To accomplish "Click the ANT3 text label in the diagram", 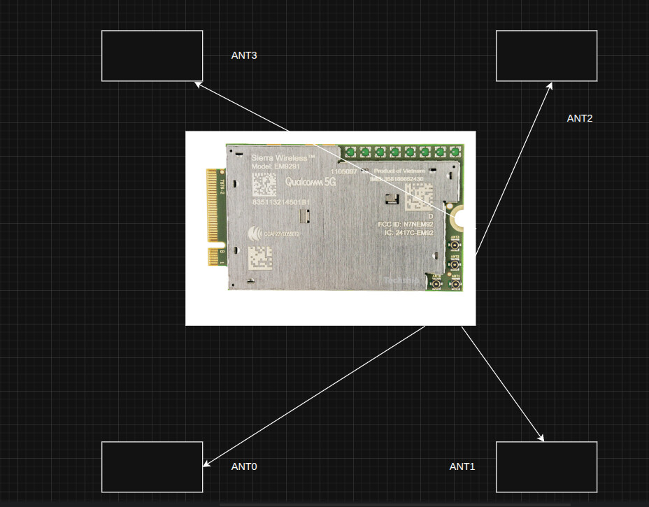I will coord(244,55).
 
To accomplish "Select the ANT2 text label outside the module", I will coord(579,118).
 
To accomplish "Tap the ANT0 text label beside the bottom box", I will coord(244,466).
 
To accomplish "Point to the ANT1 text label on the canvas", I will coord(462,466).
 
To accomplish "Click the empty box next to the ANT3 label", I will coord(152,55).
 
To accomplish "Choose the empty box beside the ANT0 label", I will coord(152,466).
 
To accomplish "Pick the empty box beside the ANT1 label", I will coord(546,466).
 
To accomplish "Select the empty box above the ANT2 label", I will coord(546,55).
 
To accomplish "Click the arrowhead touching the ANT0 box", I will coord(206,464).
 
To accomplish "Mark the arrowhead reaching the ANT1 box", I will coord(541,438).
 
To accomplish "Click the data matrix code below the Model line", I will coord(264,183).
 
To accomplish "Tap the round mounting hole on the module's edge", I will coord(459,219).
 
